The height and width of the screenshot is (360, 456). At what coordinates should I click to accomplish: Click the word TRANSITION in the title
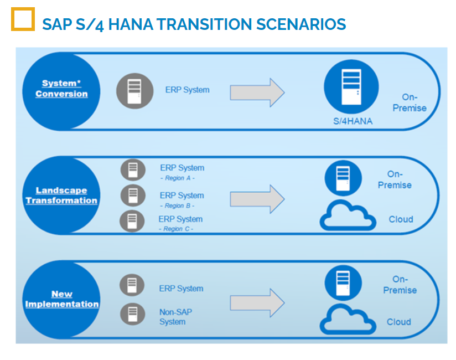pyautogui.click(x=204, y=24)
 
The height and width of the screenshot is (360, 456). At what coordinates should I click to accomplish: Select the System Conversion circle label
pyautogui.click(x=61, y=89)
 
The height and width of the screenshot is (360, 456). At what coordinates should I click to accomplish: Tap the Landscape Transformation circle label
pyautogui.click(x=61, y=196)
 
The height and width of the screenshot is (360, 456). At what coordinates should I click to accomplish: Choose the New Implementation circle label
pyautogui.click(x=61, y=299)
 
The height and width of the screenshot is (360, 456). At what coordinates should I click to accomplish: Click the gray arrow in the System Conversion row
pyautogui.click(x=257, y=92)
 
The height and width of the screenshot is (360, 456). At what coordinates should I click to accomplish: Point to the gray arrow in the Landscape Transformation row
pyautogui.click(x=257, y=199)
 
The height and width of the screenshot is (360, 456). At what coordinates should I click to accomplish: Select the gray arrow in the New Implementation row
pyautogui.click(x=257, y=302)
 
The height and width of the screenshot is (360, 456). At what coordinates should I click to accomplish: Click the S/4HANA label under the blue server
pyautogui.click(x=353, y=121)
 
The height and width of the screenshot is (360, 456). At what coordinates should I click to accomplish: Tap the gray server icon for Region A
pyautogui.click(x=133, y=170)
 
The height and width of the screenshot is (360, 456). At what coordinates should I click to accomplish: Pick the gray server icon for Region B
pyautogui.click(x=133, y=196)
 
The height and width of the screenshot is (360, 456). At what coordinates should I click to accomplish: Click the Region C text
pyautogui.click(x=176, y=229)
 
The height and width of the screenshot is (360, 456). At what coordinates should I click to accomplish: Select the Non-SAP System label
pyautogui.click(x=175, y=317)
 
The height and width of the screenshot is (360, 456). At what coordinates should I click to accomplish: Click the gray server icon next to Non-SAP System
pyautogui.click(x=133, y=314)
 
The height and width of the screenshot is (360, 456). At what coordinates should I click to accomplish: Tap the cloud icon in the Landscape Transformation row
pyautogui.click(x=348, y=215)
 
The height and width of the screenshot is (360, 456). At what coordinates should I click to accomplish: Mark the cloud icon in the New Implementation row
pyautogui.click(x=348, y=319)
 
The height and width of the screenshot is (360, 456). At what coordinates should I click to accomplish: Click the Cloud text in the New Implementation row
pyautogui.click(x=398, y=322)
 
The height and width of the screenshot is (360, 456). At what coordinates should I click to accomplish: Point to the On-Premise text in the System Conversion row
pyautogui.click(x=410, y=102)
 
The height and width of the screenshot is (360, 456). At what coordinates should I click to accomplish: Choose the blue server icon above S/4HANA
pyautogui.click(x=351, y=87)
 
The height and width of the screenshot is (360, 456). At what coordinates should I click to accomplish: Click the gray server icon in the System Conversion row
pyautogui.click(x=135, y=91)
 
